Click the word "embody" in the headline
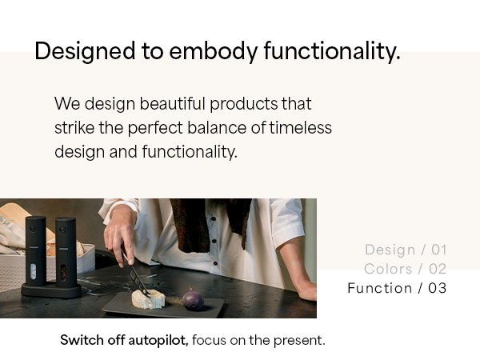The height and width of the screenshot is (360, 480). pos(213,50)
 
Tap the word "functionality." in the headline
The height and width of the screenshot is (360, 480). pos(332,51)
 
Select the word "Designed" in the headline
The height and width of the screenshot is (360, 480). pos(85,51)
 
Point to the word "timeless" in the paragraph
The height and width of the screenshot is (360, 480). pos(300,127)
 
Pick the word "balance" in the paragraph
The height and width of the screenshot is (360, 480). pos(217,127)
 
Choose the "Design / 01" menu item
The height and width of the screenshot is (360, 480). pos(406,250)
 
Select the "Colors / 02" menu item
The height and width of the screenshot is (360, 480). pos(405,269)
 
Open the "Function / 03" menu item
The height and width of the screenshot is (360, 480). pos(397,288)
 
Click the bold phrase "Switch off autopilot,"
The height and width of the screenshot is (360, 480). pos(124,340)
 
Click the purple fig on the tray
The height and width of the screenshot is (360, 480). pos(193,299)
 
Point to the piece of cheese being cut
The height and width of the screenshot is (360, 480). pos(149,299)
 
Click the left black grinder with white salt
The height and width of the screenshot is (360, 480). pos(36,252)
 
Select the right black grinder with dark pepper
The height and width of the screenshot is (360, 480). pos(66,253)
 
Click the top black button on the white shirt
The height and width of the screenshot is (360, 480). pos(214,218)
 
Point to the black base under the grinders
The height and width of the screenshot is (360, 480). pos(51,291)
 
